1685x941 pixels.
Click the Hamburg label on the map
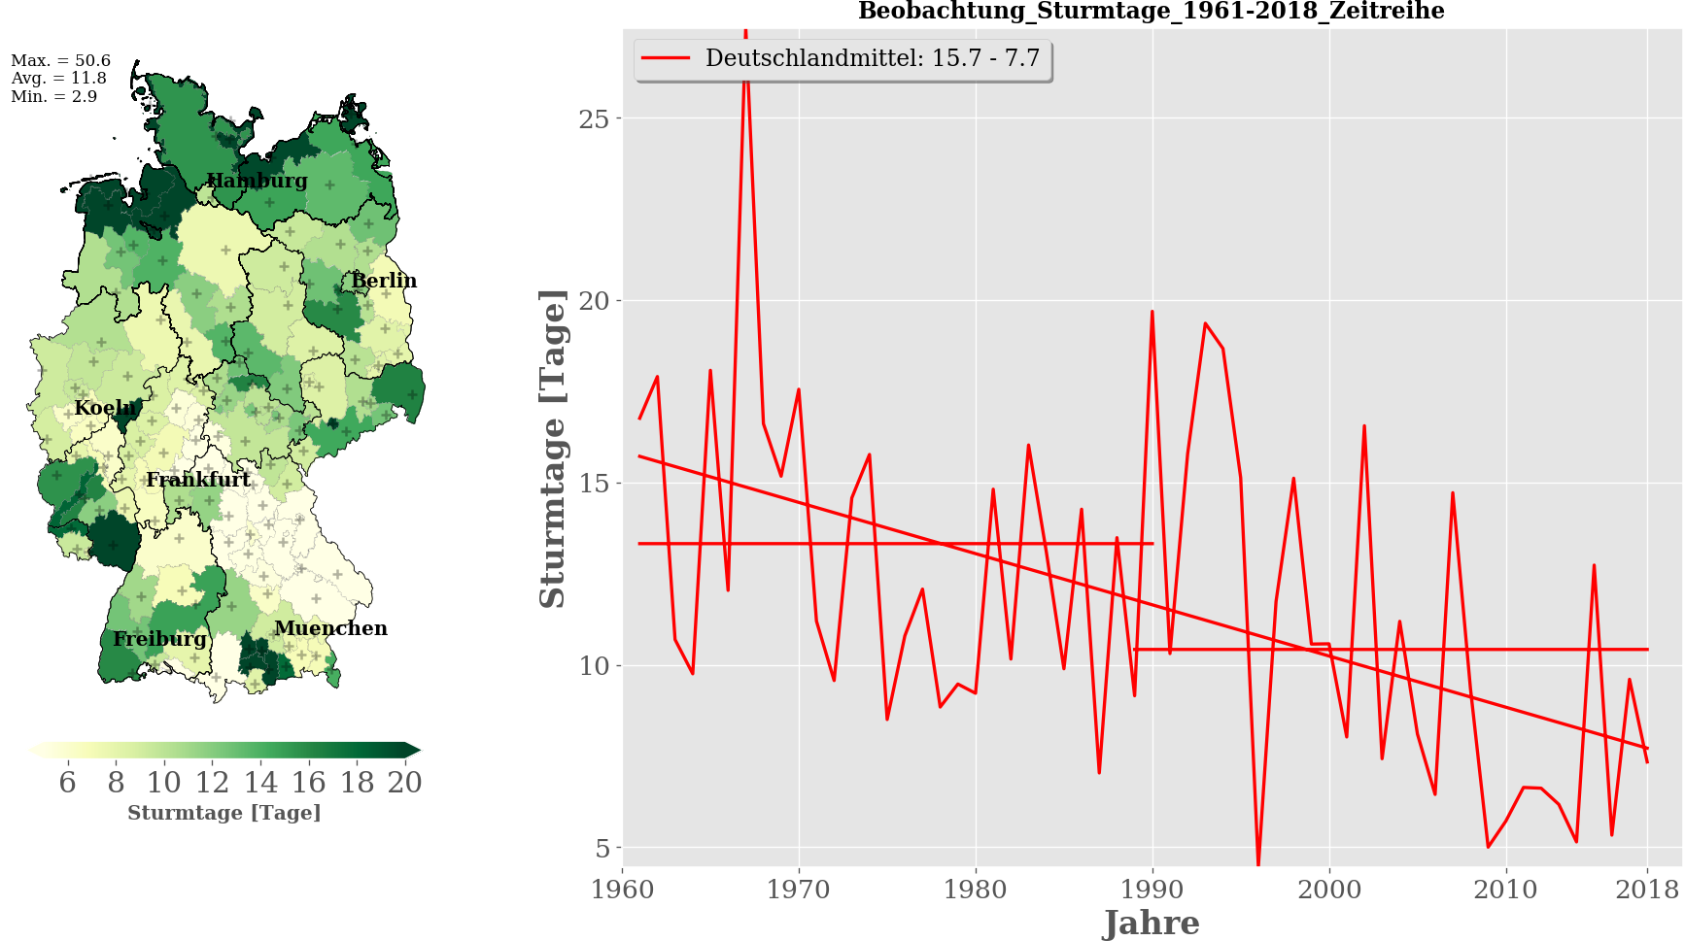coord(257,181)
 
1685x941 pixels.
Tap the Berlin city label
coord(384,281)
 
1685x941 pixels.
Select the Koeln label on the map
coord(106,408)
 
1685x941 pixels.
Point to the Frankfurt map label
coord(198,480)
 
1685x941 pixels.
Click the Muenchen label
coord(330,628)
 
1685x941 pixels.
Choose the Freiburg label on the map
coord(159,639)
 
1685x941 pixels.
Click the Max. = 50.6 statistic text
coord(60,60)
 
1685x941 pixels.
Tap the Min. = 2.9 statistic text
coord(53,97)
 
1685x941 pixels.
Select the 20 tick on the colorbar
coord(404,783)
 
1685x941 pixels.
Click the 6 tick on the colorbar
coord(67,783)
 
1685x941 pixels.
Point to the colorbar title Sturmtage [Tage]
coord(224,813)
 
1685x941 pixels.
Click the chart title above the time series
coord(1151,12)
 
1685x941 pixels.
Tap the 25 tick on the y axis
coord(594,118)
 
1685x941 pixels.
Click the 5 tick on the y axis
coord(603,849)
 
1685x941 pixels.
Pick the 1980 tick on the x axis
coord(976,890)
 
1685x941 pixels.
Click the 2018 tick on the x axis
coord(1647,890)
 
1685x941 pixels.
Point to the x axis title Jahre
coord(1152,923)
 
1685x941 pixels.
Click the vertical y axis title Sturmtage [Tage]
coord(552,449)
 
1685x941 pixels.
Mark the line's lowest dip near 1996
coord(1258,862)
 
